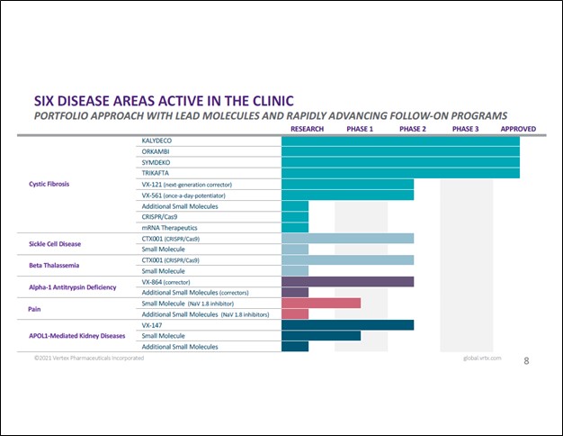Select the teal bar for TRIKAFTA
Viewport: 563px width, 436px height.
click(400, 173)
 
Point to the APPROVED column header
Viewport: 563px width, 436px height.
click(518, 129)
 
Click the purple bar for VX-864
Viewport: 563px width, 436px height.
click(347, 281)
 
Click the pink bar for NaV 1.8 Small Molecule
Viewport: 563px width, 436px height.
click(320, 303)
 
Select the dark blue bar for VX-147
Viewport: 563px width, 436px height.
click(347, 324)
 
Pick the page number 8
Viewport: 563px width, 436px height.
click(526, 361)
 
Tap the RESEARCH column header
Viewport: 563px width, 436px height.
click(308, 129)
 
